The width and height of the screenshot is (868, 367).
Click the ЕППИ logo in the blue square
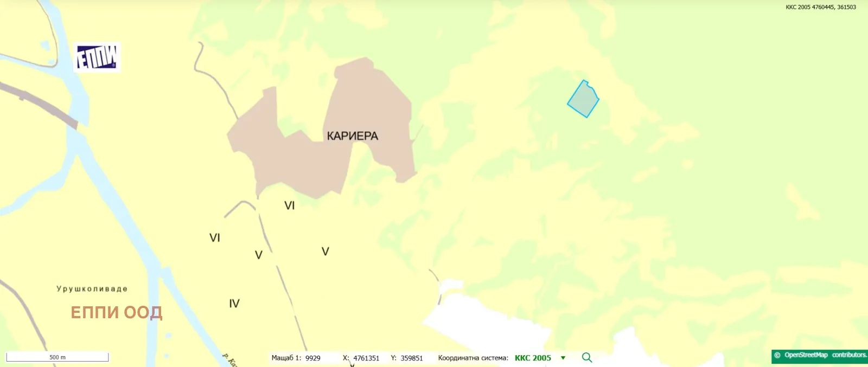point(97,57)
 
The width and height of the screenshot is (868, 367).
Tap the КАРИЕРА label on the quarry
point(352,136)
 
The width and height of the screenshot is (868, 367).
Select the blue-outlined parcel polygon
point(583,100)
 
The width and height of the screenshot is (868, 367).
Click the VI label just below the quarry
point(290,205)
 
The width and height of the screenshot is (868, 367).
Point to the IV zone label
point(234,304)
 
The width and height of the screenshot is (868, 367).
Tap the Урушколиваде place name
point(92,289)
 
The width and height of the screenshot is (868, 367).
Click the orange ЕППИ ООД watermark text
point(116,312)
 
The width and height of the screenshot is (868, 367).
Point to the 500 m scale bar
point(57,357)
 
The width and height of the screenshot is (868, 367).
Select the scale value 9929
point(313,358)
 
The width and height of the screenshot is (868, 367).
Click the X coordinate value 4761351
point(366,358)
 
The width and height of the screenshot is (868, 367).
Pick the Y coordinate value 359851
point(412,358)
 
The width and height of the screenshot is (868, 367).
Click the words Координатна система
point(473,358)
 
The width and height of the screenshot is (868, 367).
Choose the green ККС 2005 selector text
point(533,358)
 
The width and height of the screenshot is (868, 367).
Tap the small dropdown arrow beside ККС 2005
point(563,358)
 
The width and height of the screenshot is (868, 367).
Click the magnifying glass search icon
point(587,358)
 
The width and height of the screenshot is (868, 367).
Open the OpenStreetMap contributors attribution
point(820,356)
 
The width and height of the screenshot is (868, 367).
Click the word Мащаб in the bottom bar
point(283,358)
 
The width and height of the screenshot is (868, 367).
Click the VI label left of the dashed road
point(215,237)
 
